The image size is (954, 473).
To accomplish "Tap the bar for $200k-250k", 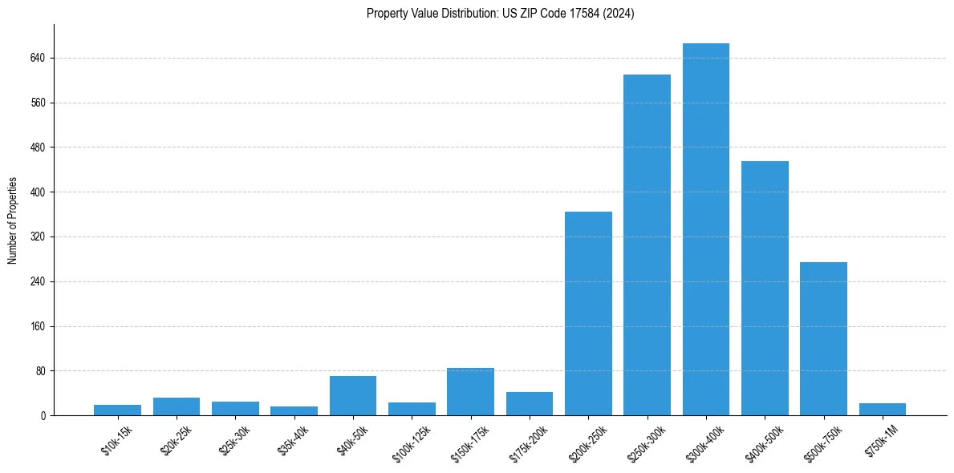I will tap(588, 313).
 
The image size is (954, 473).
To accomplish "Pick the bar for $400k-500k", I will tap(765, 288).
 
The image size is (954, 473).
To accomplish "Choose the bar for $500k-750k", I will tap(823, 338).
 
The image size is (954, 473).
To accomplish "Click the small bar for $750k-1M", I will tap(882, 410).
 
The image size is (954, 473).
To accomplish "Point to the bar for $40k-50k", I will tap(353, 396).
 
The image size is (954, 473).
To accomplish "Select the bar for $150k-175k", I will tap(470, 392).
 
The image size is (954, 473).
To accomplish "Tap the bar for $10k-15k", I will tap(118, 410).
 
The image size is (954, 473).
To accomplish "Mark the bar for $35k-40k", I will tap(294, 411).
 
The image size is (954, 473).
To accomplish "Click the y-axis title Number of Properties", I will tap(13, 220).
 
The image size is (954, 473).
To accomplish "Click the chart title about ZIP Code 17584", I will tap(500, 14).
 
